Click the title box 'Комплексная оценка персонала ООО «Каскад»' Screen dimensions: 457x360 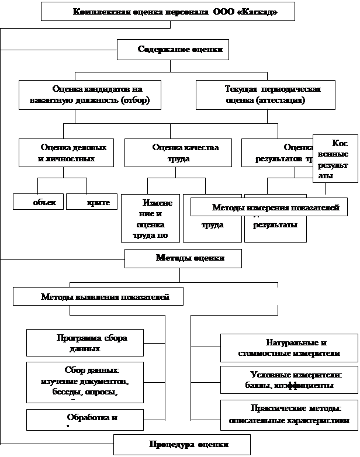168,12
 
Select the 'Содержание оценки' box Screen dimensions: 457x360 172,50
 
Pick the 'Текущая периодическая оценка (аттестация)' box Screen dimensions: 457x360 265,95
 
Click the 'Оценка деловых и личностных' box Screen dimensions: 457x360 66,153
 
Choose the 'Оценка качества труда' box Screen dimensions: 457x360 178,153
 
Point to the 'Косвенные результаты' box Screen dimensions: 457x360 335,158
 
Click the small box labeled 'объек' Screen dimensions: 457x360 39,202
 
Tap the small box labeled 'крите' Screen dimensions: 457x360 92,202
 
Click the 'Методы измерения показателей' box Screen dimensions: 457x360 269,207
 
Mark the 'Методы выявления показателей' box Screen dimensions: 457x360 98,296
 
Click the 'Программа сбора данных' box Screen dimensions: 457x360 85,342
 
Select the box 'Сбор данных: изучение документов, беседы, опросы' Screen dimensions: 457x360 85,382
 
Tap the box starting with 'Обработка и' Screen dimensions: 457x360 85,419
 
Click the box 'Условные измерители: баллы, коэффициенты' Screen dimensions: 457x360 288,379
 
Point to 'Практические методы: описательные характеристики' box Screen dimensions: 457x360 288,414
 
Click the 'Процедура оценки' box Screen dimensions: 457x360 182,445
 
